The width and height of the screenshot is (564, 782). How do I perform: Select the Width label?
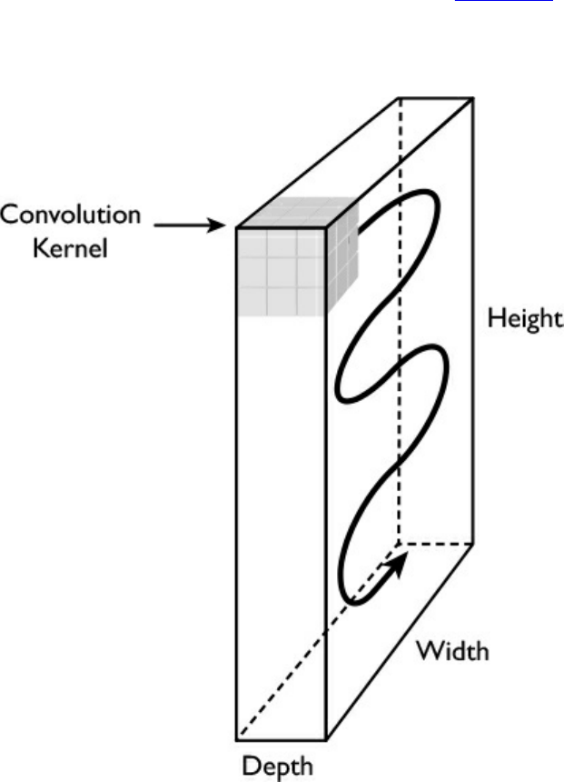(x=452, y=651)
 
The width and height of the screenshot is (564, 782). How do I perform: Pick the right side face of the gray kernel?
(x=343, y=259)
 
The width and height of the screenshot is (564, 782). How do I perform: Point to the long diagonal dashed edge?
(x=318, y=641)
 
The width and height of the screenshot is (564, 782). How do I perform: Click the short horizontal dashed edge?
(x=436, y=544)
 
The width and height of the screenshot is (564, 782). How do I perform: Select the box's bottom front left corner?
(x=237, y=738)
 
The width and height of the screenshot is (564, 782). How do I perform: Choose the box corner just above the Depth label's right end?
(x=327, y=738)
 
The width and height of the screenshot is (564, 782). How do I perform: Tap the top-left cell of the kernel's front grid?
(x=252, y=242)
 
